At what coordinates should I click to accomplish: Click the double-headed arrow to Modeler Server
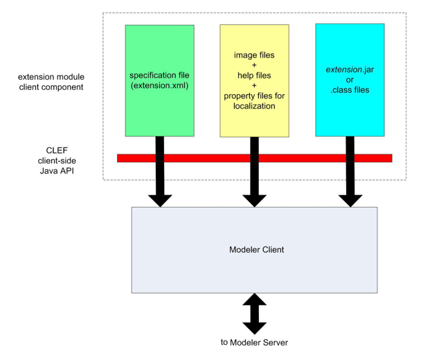(255, 313)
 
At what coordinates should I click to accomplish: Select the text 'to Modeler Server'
(255, 343)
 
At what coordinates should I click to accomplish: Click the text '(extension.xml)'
(159, 85)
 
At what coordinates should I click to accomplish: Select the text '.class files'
(350, 89)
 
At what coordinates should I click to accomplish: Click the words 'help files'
(254, 75)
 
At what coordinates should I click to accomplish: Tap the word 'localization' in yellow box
(254, 106)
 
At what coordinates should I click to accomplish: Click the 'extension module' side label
(52, 77)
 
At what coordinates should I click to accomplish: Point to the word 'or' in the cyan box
(350, 80)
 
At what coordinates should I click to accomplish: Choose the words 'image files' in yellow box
(254, 53)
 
